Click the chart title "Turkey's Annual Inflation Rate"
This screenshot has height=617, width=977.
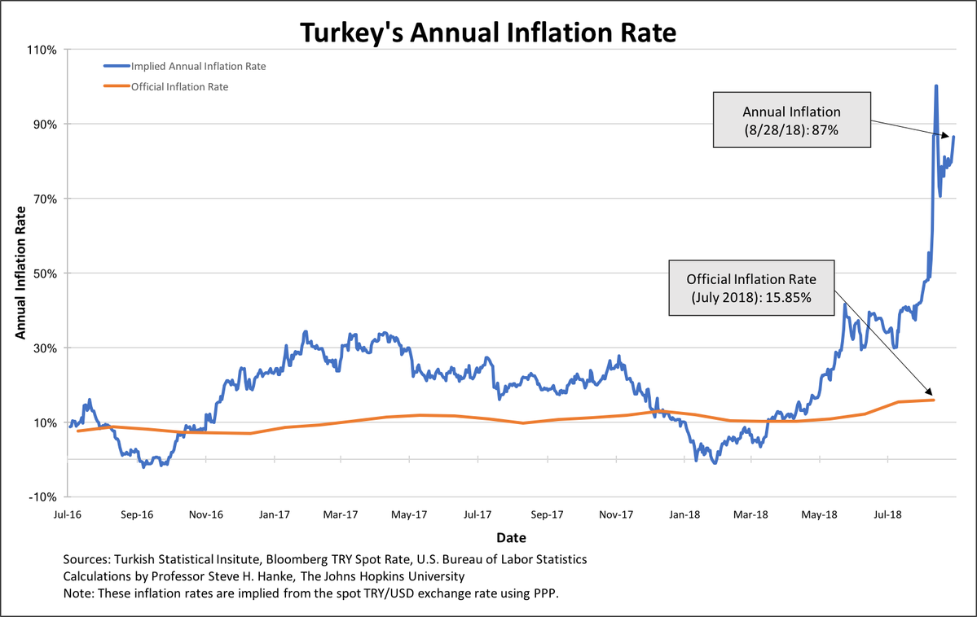click(x=488, y=33)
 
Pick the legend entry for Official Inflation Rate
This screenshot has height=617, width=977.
click(x=178, y=86)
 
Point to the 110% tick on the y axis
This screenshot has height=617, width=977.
click(x=41, y=50)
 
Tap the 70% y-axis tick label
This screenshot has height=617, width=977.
click(x=43, y=199)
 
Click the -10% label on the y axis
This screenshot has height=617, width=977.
click(x=42, y=497)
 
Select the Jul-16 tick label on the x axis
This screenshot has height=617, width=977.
click(x=68, y=514)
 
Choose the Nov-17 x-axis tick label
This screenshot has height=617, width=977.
click(x=616, y=514)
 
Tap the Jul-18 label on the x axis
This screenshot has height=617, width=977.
click(x=887, y=514)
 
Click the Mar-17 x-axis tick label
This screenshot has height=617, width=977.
click(x=341, y=514)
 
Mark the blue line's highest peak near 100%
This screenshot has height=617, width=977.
click(x=936, y=86)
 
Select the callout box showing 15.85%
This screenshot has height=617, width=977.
click(x=750, y=287)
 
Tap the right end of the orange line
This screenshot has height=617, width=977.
click(x=934, y=400)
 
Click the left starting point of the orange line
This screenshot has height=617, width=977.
click(x=77, y=431)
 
